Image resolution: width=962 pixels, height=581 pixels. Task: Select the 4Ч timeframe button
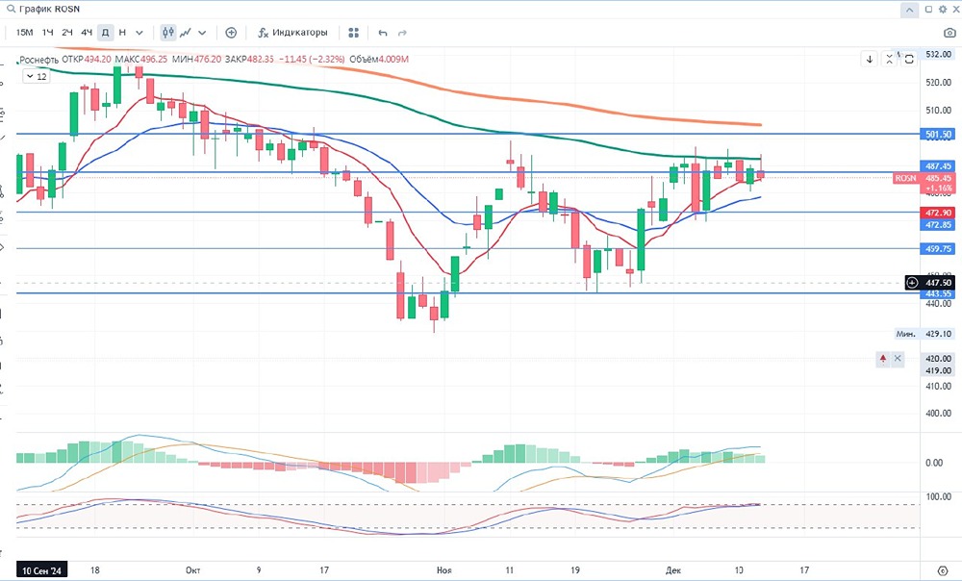pyautogui.click(x=87, y=32)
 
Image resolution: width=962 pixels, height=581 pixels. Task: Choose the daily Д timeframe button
pyautogui.click(x=105, y=32)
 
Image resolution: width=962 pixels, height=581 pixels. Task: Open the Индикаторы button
pyautogui.click(x=293, y=32)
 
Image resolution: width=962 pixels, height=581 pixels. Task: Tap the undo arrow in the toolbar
pyautogui.click(x=383, y=32)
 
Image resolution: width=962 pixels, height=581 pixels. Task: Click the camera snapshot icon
pyautogui.click(x=949, y=32)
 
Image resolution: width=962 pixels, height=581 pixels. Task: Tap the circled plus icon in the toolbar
pyautogui.click(x=231, y=32)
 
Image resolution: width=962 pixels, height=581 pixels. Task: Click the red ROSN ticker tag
pyautogui.click(x=905, y=178)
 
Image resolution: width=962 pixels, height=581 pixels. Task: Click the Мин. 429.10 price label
pyautogui.click(x=924, y=334)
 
